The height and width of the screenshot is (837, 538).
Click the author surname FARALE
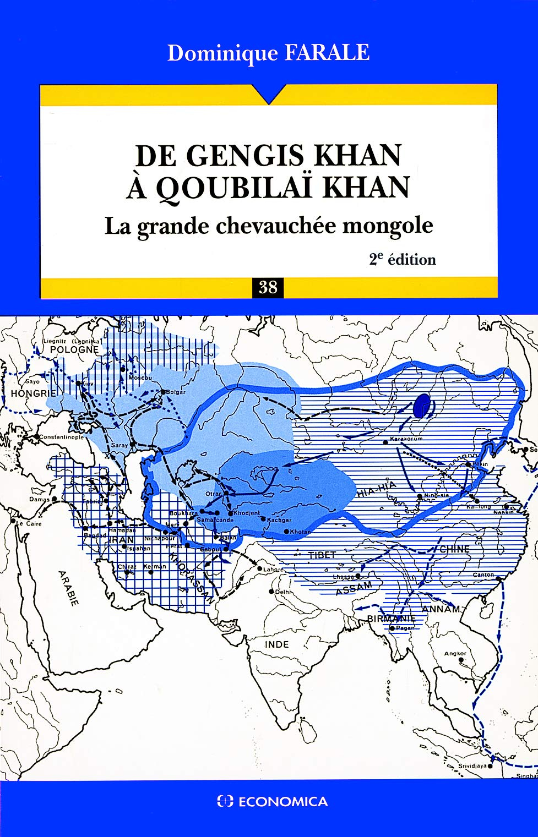327,53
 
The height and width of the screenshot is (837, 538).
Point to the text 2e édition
403,259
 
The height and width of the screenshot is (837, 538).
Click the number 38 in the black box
268,287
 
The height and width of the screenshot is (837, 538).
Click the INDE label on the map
276,644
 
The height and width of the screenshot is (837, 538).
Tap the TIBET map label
322,555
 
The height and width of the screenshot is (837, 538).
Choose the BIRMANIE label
391,619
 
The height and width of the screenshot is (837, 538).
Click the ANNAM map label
441,609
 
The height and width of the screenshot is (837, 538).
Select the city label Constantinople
61,437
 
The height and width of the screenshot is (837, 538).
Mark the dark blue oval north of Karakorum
423,406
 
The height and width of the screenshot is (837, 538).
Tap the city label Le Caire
29,523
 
